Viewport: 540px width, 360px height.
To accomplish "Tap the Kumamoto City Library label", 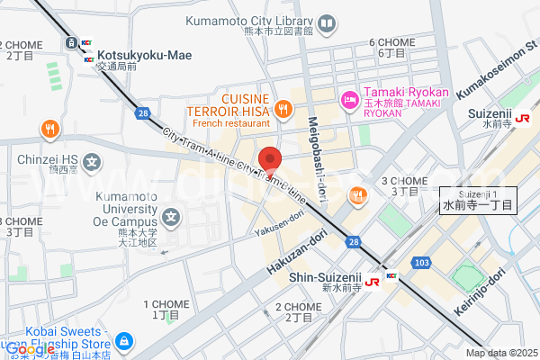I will pyautogui.click(x=249, y=21).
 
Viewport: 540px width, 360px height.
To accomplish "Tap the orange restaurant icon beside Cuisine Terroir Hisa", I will pyautogui.click(x=283, y=110).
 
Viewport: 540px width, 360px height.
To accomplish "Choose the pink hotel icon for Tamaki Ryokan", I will pyautogui.click(x=347, y=101).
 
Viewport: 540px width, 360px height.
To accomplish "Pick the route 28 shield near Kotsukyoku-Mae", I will pyautogui.click(x=143, y=112).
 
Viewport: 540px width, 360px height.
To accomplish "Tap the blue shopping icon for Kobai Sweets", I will pyautogui.click(x=124, y=341).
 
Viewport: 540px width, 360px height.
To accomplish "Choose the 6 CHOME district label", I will pyautogui.click(x=392, y=42).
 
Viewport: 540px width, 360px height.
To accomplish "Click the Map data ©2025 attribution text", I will pyautogui.click(x=500, y=353).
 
